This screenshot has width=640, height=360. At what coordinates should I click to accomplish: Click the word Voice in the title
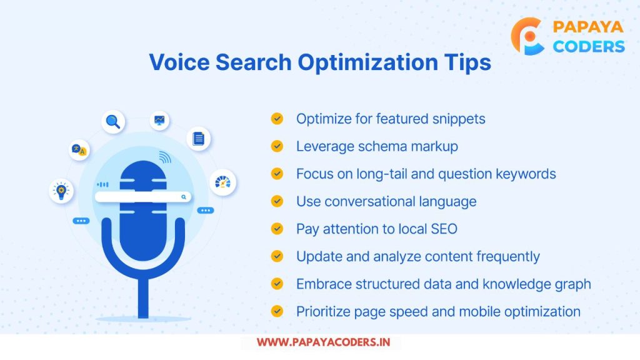click(x=179, y=62)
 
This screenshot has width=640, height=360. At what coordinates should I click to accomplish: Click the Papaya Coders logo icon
click(x=527, y=36)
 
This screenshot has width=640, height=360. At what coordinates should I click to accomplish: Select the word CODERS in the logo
click(x=589, y=46)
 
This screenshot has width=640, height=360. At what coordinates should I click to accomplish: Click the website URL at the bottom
click(x=323, y=342)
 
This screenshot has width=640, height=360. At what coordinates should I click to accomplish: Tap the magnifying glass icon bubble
click(x=113, y=122)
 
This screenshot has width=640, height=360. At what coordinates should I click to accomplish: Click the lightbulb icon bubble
click(x=61, y=191)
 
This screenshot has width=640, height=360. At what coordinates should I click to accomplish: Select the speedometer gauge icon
click(x=223, y=182)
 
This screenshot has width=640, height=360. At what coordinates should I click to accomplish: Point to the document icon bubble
click(x=199, y=139)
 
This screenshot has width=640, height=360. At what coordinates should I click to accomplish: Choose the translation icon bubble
click(x=79, y=150)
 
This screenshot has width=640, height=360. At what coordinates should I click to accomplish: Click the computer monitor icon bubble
click(x=159, y=121)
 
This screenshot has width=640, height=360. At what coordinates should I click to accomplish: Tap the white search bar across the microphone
click(x=143, y=197)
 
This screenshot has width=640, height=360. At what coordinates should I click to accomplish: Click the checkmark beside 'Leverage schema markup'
click(x=277, y=146)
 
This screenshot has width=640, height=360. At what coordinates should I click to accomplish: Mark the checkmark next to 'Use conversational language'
click(x=277, y=201)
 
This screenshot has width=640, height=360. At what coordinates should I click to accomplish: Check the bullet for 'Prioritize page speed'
click(x=277, y=311)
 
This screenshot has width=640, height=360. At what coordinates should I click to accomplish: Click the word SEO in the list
click(x=444, y=229)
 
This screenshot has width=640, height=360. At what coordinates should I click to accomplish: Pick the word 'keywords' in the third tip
click(x=526, y=174)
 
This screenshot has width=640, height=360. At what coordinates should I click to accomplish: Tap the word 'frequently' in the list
click(x=508, y=257)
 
